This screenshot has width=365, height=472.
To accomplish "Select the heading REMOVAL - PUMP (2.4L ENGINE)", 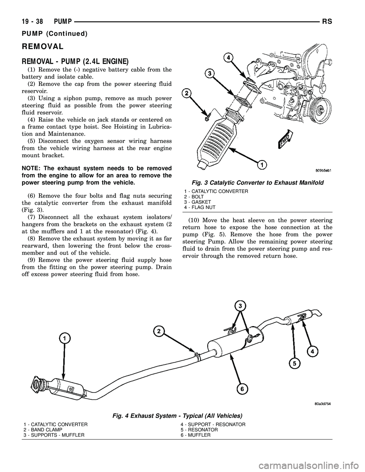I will click(75, 61).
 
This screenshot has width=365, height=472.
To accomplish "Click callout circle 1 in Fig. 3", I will click(262, 165).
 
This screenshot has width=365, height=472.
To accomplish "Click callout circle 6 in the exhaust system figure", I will click(241, 389).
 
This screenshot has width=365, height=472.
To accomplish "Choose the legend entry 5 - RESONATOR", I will click(199, 429).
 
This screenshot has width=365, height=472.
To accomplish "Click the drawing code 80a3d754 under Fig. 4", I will click(318, 404).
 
